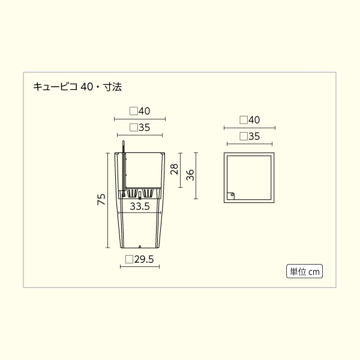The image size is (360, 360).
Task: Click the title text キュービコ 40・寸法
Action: pyautogui.click(x=77, y=87)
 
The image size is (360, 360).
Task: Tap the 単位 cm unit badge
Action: pyautogui.click(x=304, y=271)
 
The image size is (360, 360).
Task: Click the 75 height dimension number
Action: pyautogui.click(x=101, y=199)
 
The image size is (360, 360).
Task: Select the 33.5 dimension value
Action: pyautogui.click(x=140, y=206)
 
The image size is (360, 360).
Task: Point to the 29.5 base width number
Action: pyautogui.click(x=144, y=259)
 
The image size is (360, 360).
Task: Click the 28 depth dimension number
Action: pyautogui.click(x=175, y=169)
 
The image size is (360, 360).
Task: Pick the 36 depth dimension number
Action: pyautogui.click(x=190, y=175)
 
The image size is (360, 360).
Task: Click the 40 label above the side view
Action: pyautogui.click(x=144, y=112)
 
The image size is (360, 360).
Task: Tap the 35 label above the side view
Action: pyautogui.click(x=144, y=128)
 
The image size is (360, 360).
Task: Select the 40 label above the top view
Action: pyautogui.click(x=254, y=120)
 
